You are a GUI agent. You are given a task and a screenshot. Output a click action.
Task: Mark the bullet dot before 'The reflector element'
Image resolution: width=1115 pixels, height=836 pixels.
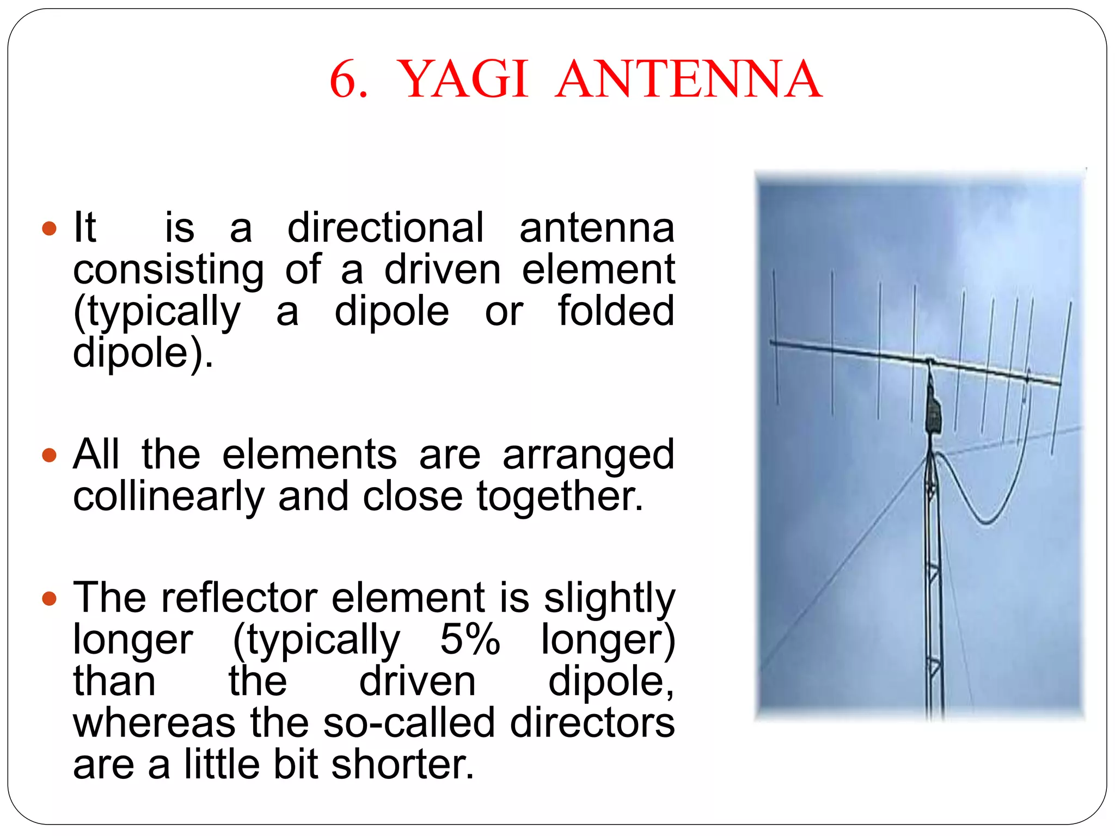pyautogui.click(x=49, y=598)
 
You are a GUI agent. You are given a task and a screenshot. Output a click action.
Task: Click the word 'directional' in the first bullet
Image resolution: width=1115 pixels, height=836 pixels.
pyautogui.click(x=385, y=228)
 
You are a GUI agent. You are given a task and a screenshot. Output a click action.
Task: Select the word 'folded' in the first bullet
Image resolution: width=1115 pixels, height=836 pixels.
pyautogui.click(x=616, y=311)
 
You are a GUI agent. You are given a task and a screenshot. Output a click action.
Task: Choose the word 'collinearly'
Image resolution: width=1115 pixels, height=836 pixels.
pyautogui.click(x=169, y=496)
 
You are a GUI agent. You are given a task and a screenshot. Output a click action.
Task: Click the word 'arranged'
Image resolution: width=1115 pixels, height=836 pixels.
pyautogui.click(x=588, y=455)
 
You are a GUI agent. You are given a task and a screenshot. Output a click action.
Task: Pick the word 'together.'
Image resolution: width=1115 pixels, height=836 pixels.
pyautogui.click(x=560, y=496)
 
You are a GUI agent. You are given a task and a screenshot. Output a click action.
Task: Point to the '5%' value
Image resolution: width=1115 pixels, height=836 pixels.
pyautogui.click(x=470, y=639)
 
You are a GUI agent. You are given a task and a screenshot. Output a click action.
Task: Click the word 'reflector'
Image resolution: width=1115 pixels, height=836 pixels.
pyautogui.click(x=239, y=598)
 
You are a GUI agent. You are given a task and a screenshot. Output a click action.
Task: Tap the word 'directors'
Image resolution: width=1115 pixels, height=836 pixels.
pyautogui.click(x=592, y=723)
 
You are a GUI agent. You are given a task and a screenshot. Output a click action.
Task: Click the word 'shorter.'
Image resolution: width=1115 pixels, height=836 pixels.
pyautogui.click(x=403, y=764)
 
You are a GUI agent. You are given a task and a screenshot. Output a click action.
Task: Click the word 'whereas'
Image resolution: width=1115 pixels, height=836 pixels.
pyautogui.click(x=155, y=723)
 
